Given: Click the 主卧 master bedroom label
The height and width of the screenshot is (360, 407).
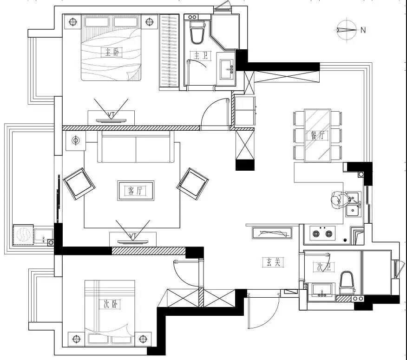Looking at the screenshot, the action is [x=112, y=53].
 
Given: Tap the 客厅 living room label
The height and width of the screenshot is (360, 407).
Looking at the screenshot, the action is [x=135, y=191].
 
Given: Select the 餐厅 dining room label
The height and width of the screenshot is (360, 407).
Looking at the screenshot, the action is [x=317, y=135].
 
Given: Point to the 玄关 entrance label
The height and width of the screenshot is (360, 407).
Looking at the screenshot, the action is [x=273, y=262].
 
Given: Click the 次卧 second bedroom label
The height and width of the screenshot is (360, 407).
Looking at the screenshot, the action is [x=110, y=304].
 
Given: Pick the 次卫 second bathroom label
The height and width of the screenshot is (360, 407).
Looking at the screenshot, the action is [x=324, y=267].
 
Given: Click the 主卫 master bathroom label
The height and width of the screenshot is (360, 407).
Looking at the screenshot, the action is [x=201, y=55].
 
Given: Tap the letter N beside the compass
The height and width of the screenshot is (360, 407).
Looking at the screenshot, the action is [x=363, y=30].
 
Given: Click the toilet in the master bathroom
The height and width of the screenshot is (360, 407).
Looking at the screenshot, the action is [x=197, y=33].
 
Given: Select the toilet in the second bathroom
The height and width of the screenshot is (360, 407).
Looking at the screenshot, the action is [x=347, y=283].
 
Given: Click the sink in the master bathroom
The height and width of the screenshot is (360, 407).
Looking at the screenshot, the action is [x=227, y=69].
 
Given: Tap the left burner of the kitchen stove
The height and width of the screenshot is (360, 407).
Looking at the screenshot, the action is [x=316, y=234].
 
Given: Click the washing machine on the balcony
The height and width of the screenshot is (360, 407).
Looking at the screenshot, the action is [x=23, y=235].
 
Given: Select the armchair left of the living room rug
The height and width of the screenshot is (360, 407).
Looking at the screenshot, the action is [x=79, y=184].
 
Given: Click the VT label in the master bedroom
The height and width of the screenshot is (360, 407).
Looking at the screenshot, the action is [x=111, y=114].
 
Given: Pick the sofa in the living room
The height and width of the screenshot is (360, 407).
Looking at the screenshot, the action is [x=136, y=147].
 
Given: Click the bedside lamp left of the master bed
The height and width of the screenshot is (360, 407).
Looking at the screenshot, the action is [x=73, y=21].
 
